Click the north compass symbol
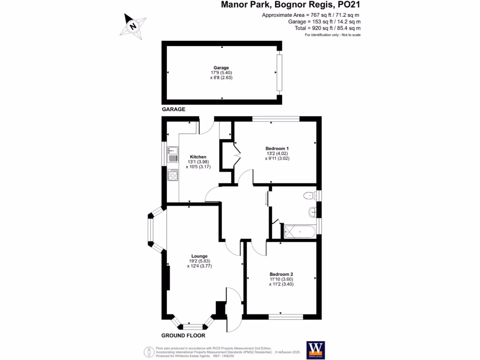click(x=133, y=25)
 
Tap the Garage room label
click(x=221, y=67)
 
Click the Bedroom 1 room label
click(x=274, y=148)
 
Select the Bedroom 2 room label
click(x=281, y=274)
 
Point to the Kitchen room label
click(x=198, y=157)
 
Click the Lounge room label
click(x=199, y=256)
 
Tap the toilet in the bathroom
click(x=309, y=195)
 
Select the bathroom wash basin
click(x=314, y=213)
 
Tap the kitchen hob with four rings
click(x=172, y=175)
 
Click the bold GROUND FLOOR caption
click(x=183, y=336)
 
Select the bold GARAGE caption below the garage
click(x=173, y=109)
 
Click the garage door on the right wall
click(x=280, y=73)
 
